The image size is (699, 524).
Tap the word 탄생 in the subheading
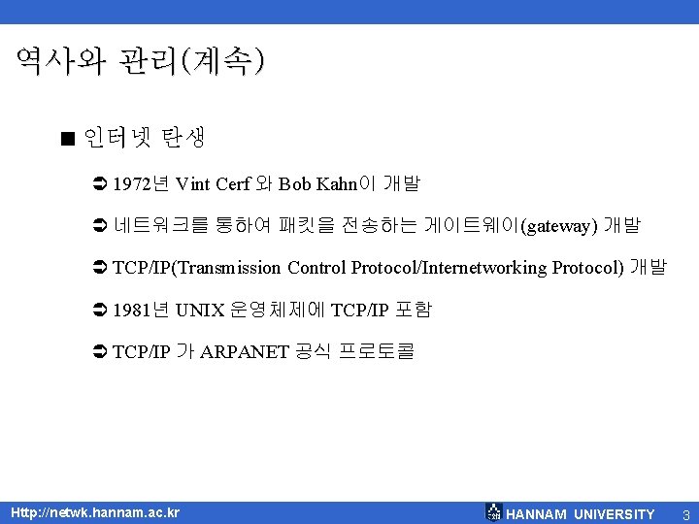(183, 137)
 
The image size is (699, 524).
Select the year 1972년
(142, 183)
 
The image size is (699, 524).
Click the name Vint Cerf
(213, 183)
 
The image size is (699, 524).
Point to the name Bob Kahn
(316, 183)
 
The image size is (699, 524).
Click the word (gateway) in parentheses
(558, 226)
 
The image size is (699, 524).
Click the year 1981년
(142, 310)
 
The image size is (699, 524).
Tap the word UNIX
(201, 310)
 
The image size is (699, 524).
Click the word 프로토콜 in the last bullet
(376, 351)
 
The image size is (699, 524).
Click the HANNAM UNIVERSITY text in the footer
(581, 513)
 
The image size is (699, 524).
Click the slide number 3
(685, 513)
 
